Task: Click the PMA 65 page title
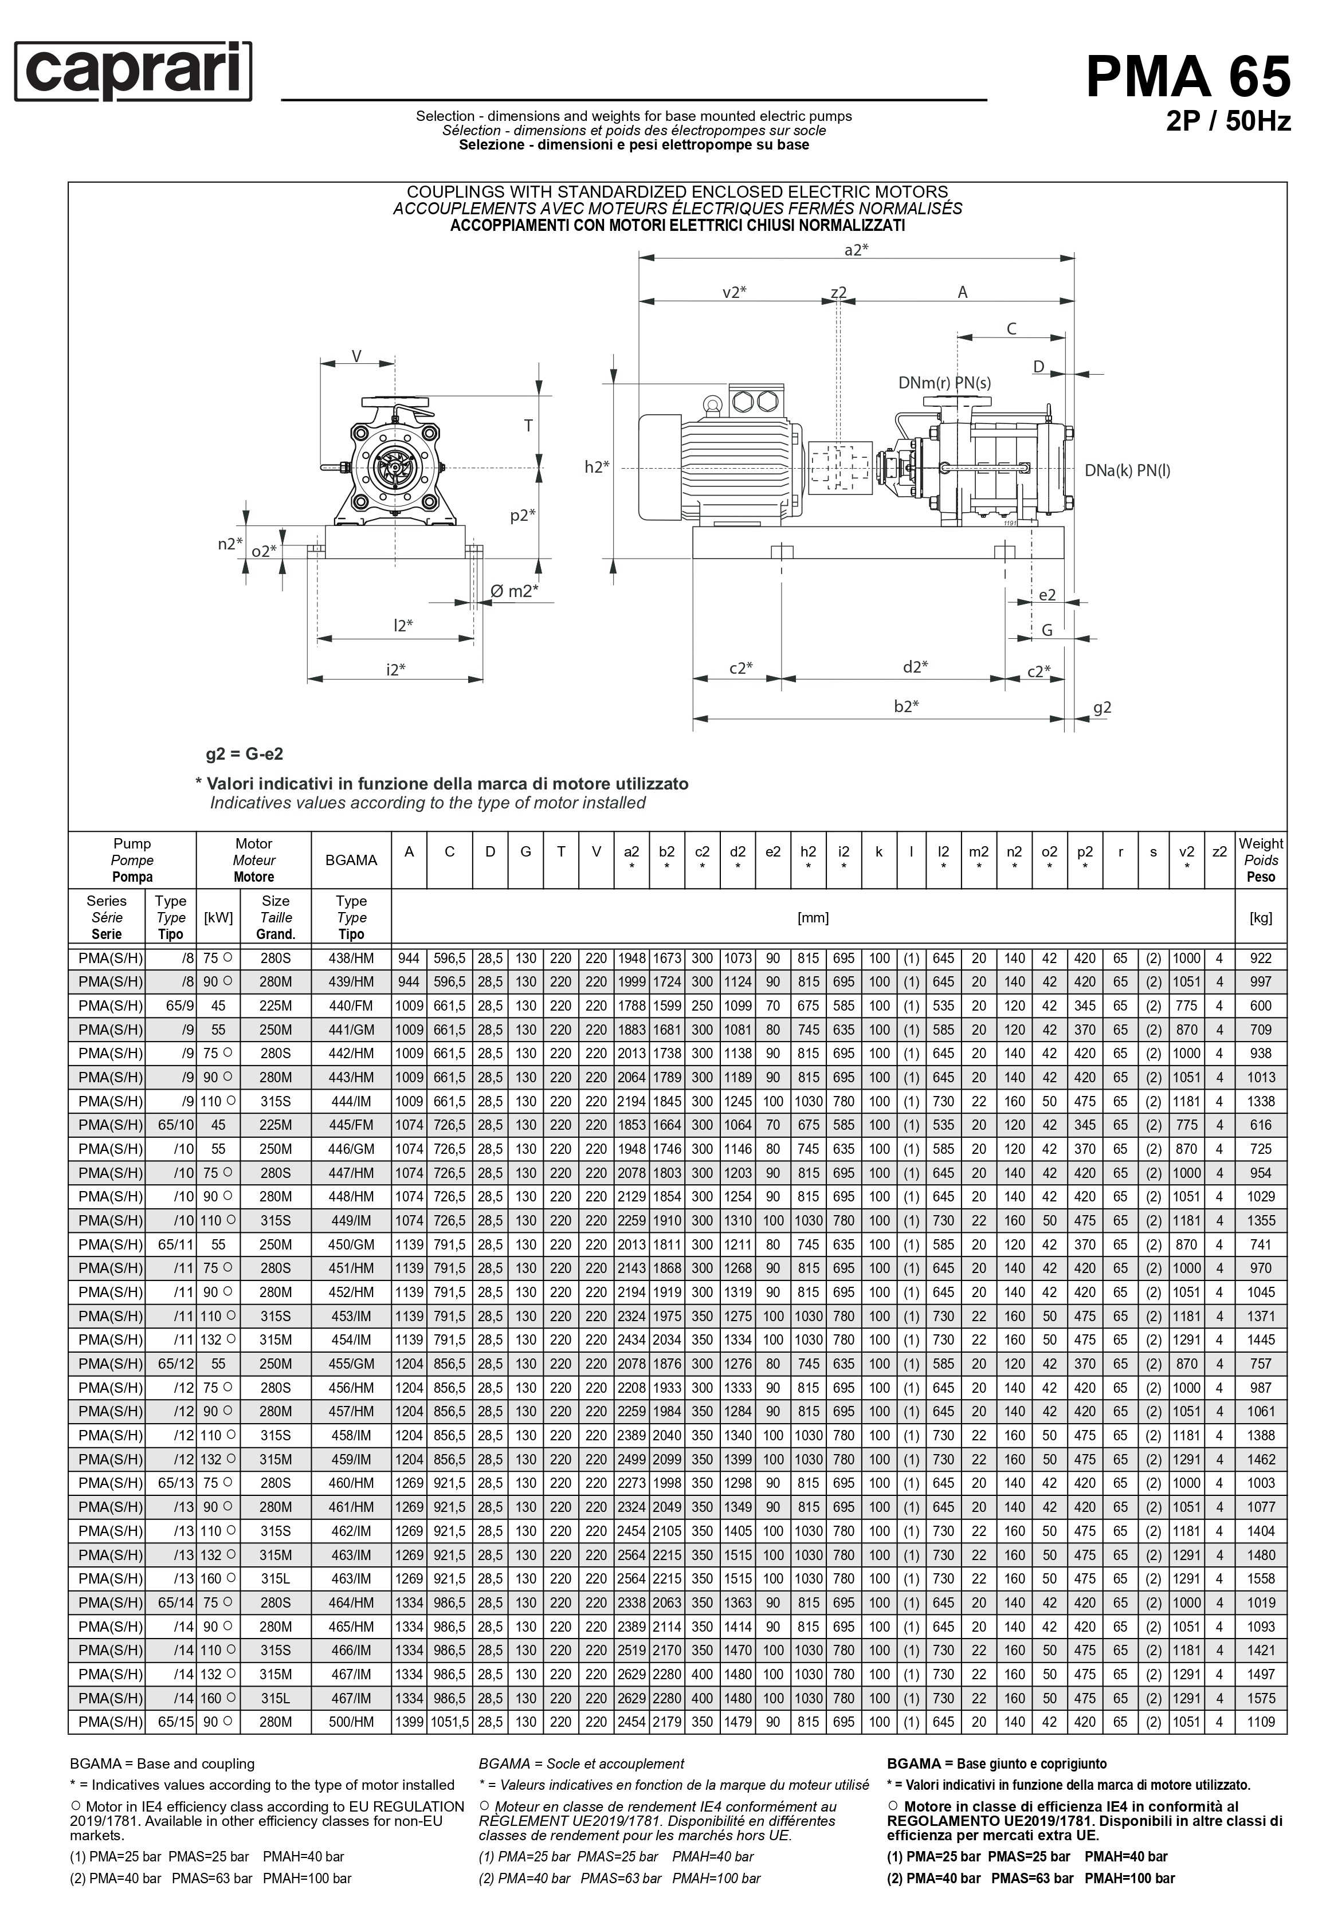pyautogui.click(x=1187, y=77)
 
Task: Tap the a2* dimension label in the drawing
pyautogui.click(x=857, y=250)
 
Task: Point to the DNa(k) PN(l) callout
pyautogui.click(x=1127, y=471)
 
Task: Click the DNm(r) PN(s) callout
pyautogui.click(x=944, y=383)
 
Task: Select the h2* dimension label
pyautogui.click(x=597, y=468)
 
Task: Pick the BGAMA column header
pyautogui.click(x=351, y=860)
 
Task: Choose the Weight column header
pyautogui.click(x=1260, y=860)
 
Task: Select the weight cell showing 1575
pyautogui.click(x=1260, y=1699)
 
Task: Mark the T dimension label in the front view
pyautogui.click(x=528, y=426)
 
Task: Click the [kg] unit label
pyautogui.click(x=1260, y=917)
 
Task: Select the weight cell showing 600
pyautogui.click(x=1260, y=1005)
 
